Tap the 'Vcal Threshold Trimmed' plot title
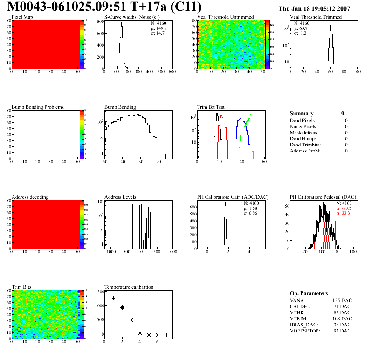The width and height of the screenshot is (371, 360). point(316,17)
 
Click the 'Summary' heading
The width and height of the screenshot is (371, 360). point(302,113)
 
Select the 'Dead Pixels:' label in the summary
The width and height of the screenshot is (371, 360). point(303,121)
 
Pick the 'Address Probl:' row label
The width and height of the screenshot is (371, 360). point(305,151)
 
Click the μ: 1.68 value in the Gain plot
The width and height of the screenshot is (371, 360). point(250,208)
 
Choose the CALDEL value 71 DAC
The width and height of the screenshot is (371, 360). point(343,306)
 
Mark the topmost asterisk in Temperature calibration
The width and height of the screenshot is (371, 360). point(104,294)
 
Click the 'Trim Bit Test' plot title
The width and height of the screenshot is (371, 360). point(211,107)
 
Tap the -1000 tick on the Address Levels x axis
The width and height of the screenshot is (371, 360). point(110,252)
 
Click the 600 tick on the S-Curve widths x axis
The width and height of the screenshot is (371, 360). point(172,72)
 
